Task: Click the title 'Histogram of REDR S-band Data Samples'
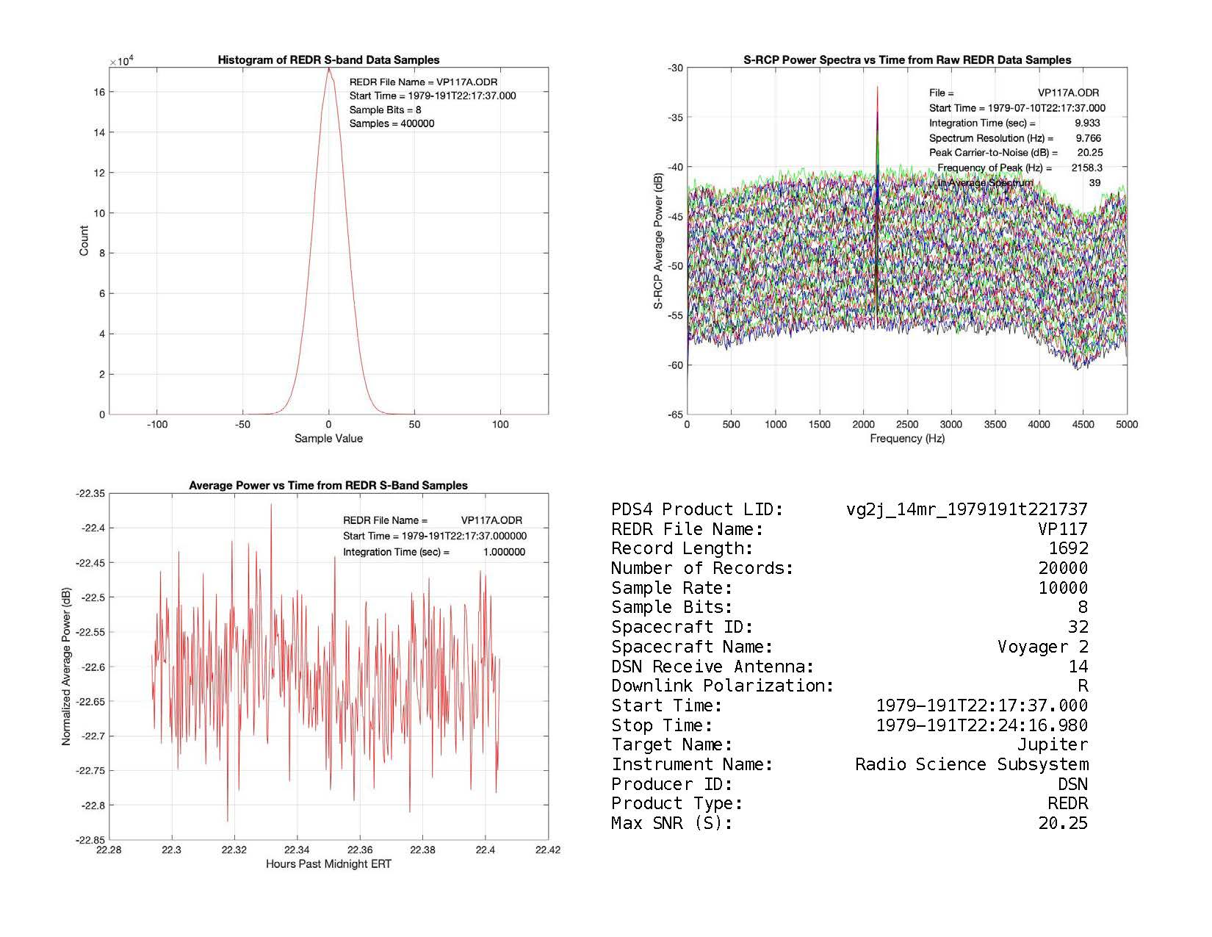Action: pyautogui.click(x=328, y=60)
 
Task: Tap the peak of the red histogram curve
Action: pyautogui.click(x=329, y=69)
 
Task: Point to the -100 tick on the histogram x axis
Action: pyautogui.click(x=157, y=424)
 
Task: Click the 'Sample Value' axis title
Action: pyautogui.click(x=328, y=439)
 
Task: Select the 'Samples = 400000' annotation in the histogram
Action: pyautogui.click(x=392, y=123)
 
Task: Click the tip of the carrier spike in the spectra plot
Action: pyautogui.click(x=877, y=87)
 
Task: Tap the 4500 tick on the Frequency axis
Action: pyautogui.click(x=1083, y=424)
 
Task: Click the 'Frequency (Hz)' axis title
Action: pyautogui.click(x=907, y=439)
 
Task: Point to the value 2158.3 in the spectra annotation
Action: pyautogui.click(x=1086, y=168)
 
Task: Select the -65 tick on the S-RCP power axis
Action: pyautogui.click(x=675, y=414)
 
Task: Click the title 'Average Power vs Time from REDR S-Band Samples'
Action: pyautogui.click(x=328, y=486)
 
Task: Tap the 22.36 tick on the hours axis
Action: pyautogui.click(x=360, y=850)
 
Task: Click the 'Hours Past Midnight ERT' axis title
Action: pyautogui.click(x=328, y=864)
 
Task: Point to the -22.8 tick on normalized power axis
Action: pyautogui.click(x=91, y=805)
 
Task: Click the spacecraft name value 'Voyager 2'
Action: pyautogui.click(x=1042, y=647)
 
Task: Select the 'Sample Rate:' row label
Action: pyautogui.click(x=672, y=588)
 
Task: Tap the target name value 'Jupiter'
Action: pyautogui.click(x=1053, y=744)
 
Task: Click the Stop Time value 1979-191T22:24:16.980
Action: pyautogui.click(x=982, y=725)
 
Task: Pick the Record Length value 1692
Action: pyautogui.click(x=1068, y=548)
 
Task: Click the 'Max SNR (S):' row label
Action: pyautogui.click(x=672, y=823)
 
